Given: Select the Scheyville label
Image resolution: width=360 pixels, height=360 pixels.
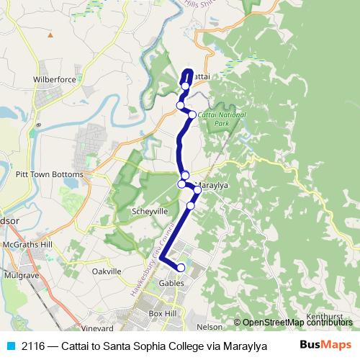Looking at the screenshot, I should coord(149,212).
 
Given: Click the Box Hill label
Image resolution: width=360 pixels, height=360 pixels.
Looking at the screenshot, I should coord(162,315).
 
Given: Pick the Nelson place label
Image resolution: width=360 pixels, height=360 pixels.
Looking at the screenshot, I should coord(209,326).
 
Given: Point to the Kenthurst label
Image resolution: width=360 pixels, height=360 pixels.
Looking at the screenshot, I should coord(325,315).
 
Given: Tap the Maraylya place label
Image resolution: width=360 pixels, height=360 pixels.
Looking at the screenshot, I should coord(212,185).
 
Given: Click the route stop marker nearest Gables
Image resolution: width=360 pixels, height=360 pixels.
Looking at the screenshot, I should coord(181,268).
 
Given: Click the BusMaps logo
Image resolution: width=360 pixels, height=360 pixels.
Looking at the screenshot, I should coord(325,345).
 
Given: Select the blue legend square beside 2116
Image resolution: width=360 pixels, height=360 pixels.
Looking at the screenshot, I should coord(9,346).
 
